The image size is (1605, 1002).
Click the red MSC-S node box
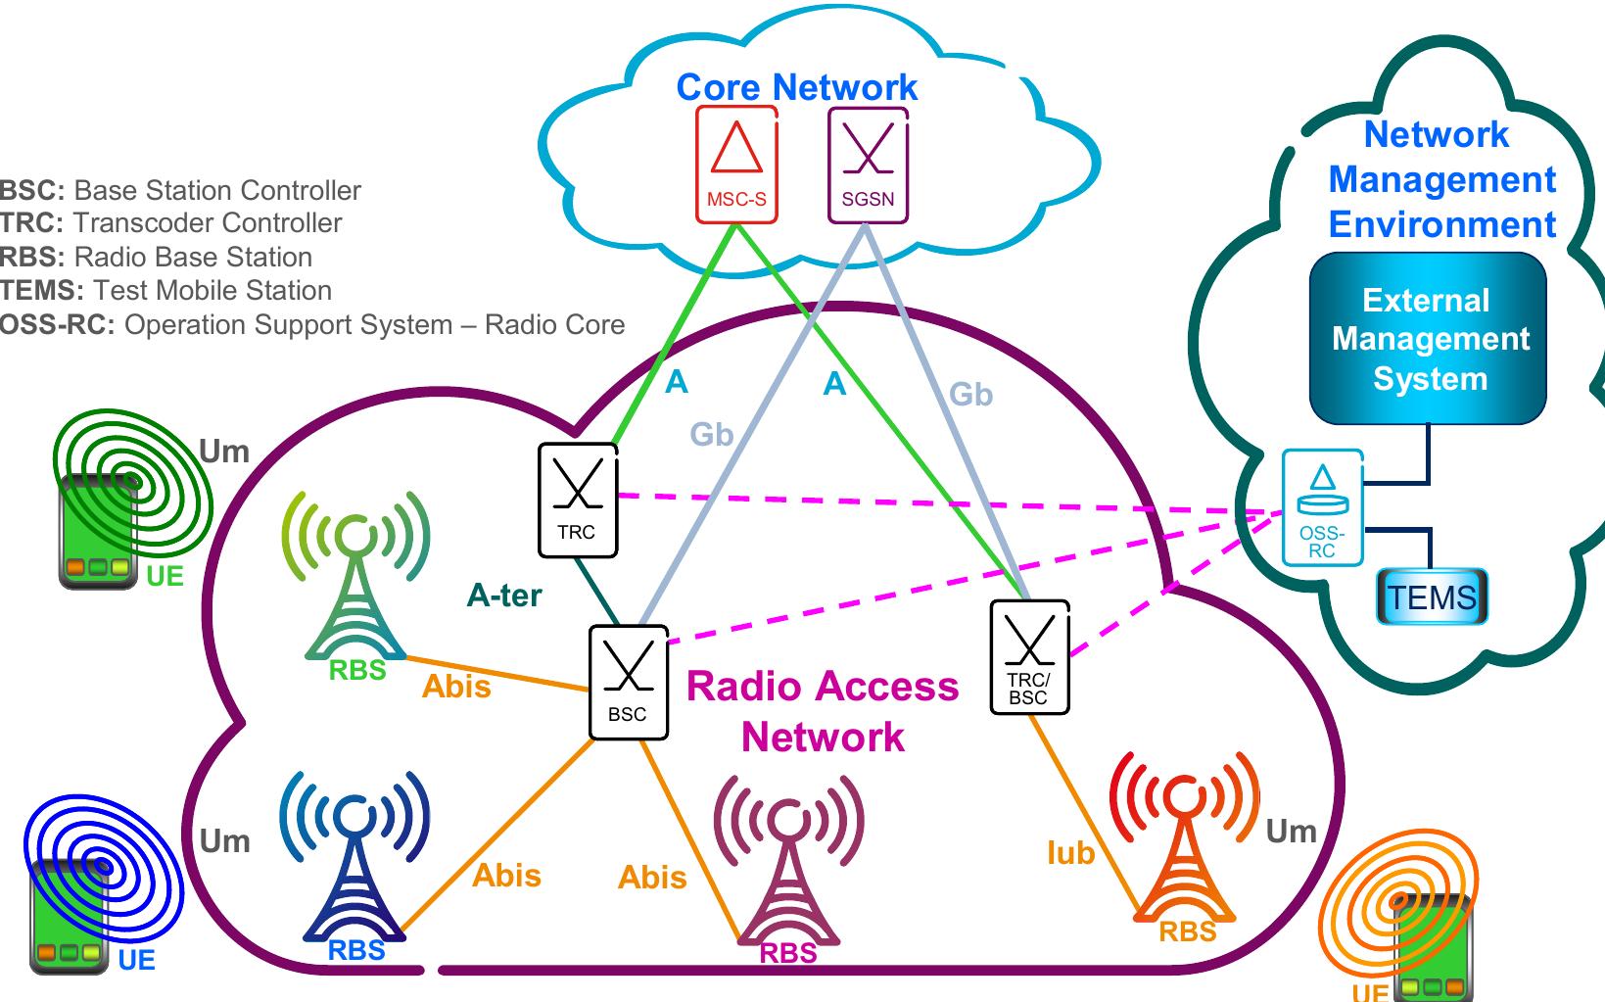coord(736,165)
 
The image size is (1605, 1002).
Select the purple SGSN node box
coord(868,165)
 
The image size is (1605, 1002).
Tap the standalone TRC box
coord(578,500)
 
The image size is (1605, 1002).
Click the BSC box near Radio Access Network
coord(628,683)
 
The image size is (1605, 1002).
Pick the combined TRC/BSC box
coord(1028,657)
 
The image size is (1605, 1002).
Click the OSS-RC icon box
coord(1322,507)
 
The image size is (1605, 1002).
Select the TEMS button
coord(1431,596)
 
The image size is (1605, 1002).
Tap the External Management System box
coord(1428,339)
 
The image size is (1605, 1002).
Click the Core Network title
coord(796,87)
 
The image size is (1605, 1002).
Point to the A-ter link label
coord(503,595)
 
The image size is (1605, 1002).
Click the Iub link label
coord(1069,853)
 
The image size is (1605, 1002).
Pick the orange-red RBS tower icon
coord(1185,842)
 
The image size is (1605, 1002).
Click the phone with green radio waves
coord(98,529)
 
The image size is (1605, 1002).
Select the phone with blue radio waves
coord(71,916)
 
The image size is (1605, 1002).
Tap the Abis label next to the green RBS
coord(456,687)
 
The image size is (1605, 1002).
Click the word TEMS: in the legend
coord(41,291)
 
